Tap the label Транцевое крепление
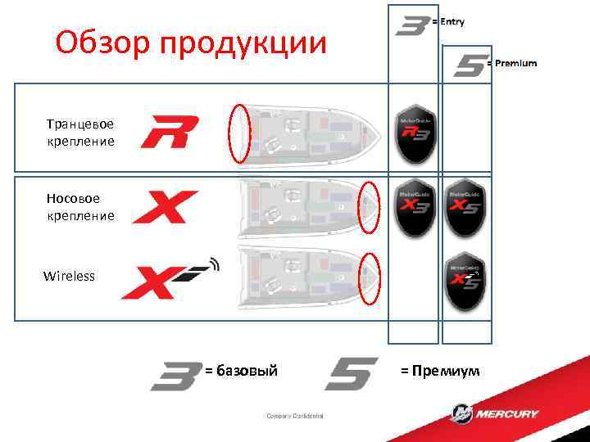pyautogui.click(x=80, y=133)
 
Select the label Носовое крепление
pyautogui.click(x=80, y=206)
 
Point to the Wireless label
pyautogui.click(x=69, y=276)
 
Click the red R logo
pyautogui.click(x=170, y=132)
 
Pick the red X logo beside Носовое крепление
pyautogui.click(x=165, y=207)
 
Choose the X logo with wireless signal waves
pyautogui.click(x=170, y=279)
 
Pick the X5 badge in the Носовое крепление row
pyautogui.click(x=465, y=207)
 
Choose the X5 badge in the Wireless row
pyautogui.click(x=465, y=279)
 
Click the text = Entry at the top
pyautogui.click(x=448, y=22)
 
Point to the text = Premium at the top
pyautogui.click(x=512, y=63)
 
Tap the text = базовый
pyautogui.click(x=241, y=372)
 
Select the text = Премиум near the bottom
pyautogui.click(x=440, y=372)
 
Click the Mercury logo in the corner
pyautogui.click(x=496, y=413)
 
